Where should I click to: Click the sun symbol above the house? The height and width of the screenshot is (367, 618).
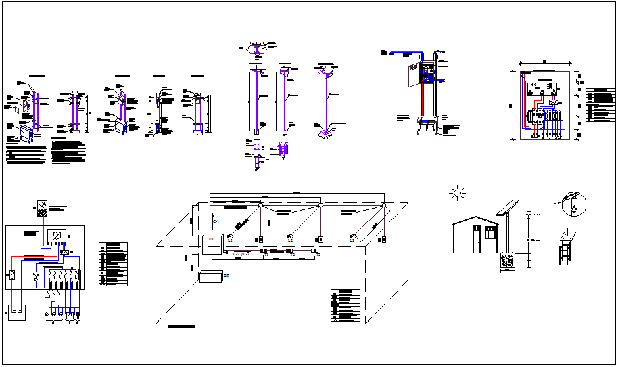458,194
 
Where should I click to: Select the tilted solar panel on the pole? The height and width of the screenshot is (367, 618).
508,207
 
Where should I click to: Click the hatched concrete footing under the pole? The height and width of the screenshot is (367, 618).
508,261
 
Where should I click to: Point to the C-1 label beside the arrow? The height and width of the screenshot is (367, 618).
216,222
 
